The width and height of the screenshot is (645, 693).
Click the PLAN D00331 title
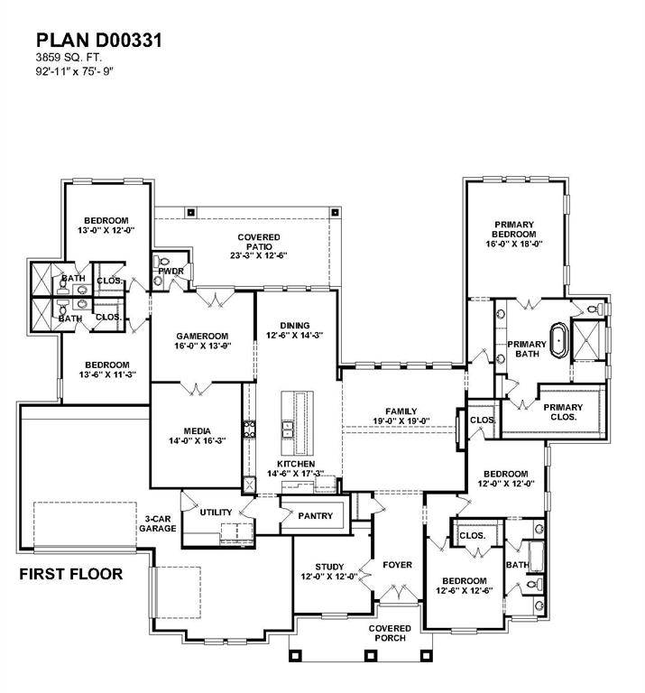(x=99, y=40)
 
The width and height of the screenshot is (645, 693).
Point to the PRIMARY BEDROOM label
(x=513, y=229)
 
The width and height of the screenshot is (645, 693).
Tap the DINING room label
(x=294, y=330)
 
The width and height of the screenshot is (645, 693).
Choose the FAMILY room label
(x=401, y=416)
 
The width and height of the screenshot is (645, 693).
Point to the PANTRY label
(x=315, y=516)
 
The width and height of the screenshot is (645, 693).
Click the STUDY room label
(x=329, y=570)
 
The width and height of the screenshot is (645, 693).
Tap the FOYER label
(x=397, y=565)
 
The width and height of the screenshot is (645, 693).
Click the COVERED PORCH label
(x=390, y=633)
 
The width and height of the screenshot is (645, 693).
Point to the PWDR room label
(x=170, y=270)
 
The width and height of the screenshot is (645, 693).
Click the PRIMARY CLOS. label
(x=563, y=412)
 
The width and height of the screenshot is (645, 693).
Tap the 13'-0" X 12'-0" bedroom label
(x=106, y=226)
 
